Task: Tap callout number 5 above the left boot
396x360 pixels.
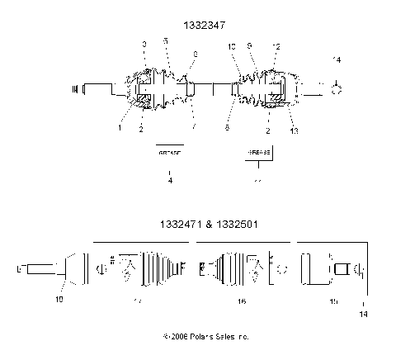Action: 165,41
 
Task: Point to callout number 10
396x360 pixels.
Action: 233,47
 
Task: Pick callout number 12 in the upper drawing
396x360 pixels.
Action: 276,47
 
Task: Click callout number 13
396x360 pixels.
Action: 295,130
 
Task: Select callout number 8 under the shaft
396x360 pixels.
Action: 229,128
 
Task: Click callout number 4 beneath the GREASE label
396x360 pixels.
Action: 169,180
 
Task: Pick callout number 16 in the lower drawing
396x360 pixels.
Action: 242,302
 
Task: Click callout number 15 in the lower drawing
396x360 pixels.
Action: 333,302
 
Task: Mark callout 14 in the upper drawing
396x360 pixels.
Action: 336,60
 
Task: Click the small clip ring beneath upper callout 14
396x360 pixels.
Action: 336,89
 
